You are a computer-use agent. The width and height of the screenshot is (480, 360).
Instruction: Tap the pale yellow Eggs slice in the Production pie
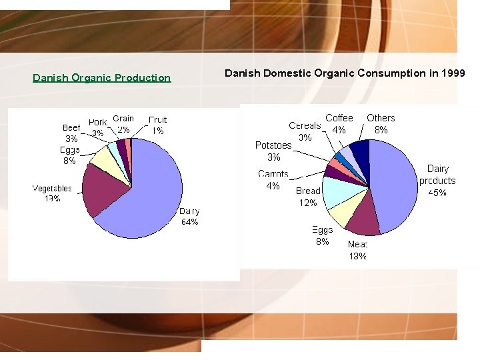click(105, 159)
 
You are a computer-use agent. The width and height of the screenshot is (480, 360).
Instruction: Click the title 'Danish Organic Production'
click(102, 78)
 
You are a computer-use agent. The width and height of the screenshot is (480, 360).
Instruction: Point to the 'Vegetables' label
click(52, 189)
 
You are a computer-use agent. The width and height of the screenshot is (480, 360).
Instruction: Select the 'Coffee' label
click(339, 118)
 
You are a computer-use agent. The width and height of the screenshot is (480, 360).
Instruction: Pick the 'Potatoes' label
click(273, 145)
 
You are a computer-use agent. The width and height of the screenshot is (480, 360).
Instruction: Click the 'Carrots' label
click(273, 174)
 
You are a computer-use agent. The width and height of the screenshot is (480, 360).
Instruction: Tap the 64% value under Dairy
click(189, 222)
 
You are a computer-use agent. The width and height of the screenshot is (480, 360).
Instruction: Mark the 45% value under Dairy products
click(437, 193)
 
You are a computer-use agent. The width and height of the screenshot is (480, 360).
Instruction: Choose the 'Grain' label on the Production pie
click(123, 119)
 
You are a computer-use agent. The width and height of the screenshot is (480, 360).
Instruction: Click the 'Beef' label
click(71, 127)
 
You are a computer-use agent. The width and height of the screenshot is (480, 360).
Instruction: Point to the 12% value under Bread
click(308, 203)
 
